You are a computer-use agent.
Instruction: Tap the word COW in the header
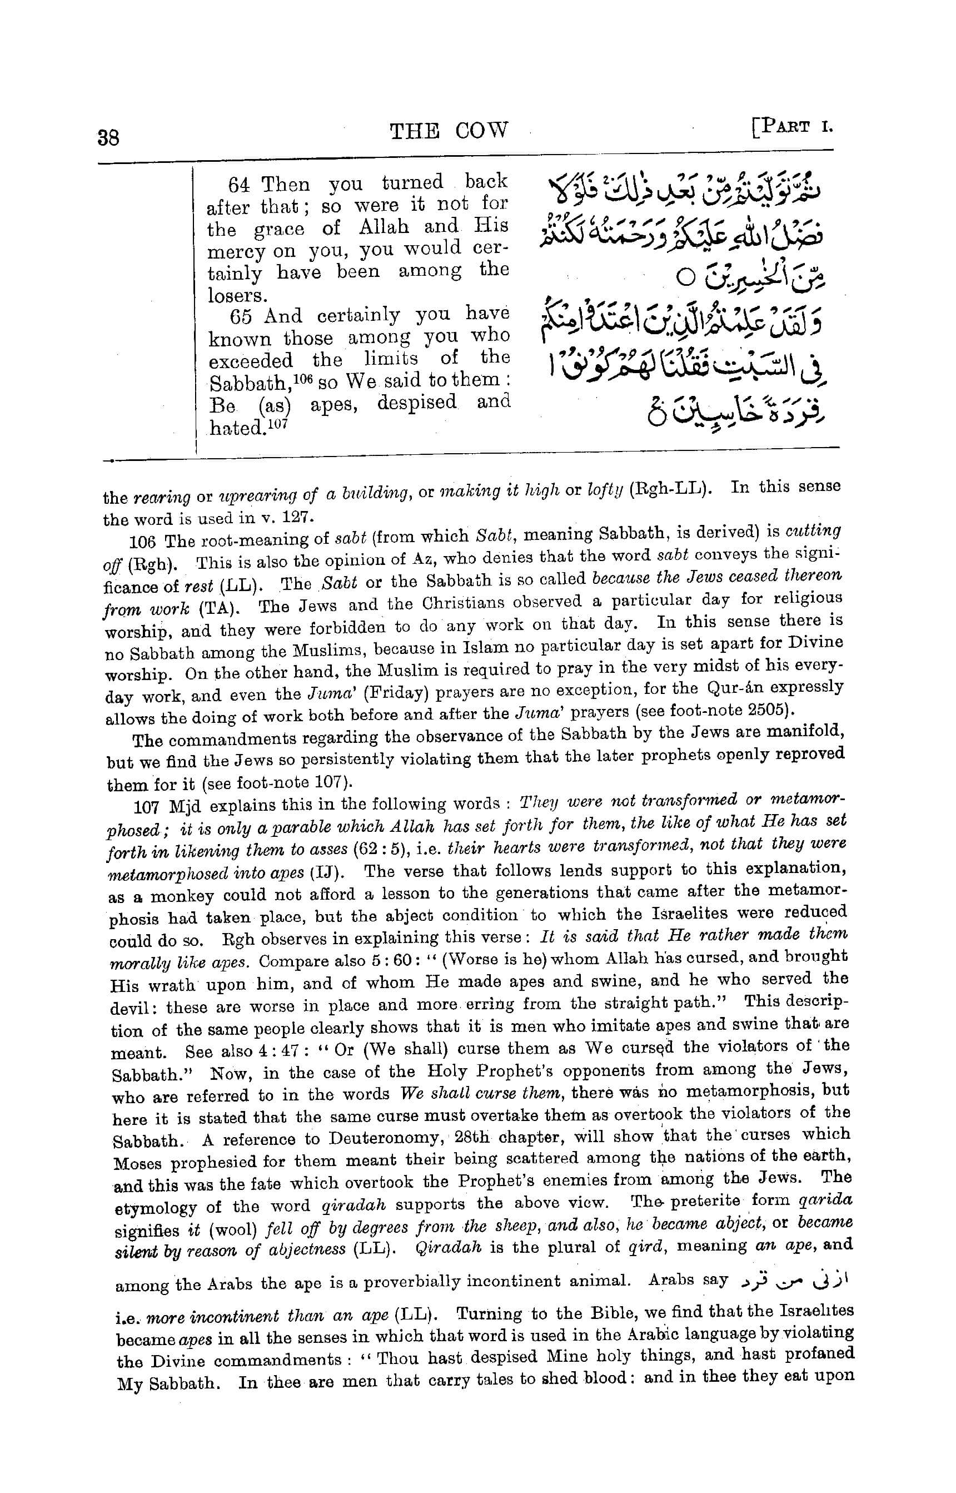point(481,131)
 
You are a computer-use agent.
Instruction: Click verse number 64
point(239,185)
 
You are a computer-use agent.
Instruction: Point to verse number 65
point(240,317)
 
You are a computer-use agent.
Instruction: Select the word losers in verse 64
point(233,296)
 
